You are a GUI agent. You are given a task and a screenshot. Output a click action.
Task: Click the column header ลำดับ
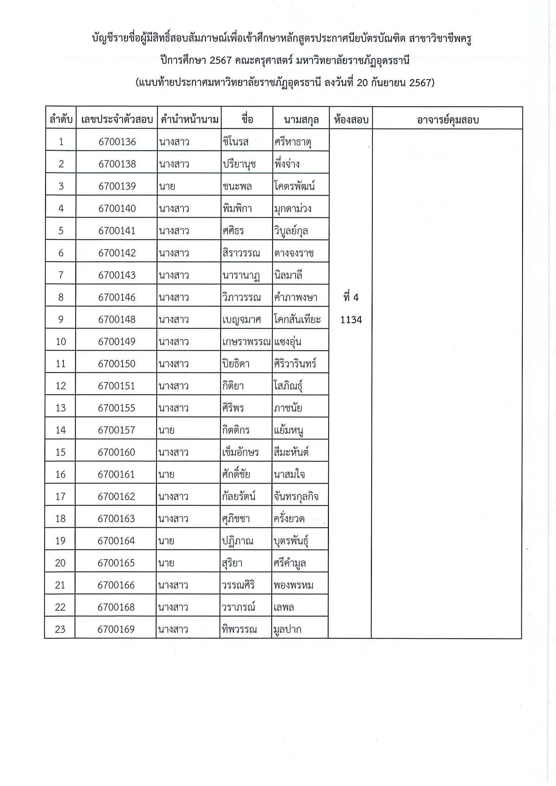(x=61, y=120)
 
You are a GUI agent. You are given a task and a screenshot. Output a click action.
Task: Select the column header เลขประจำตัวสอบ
(x=117, y=120)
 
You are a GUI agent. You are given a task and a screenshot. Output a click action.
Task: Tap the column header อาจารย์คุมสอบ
(x=447, y=120)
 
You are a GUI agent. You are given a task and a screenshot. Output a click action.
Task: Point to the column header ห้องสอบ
(x=351, y=120)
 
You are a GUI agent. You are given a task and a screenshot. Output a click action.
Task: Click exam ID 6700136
(x=117, y=142)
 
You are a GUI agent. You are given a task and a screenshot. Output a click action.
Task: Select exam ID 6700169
(x=116, y=629)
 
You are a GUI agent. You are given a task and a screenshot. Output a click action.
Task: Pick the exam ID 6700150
(x=117, y=363)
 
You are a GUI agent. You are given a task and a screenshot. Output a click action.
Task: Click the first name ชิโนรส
(x=236, y=142)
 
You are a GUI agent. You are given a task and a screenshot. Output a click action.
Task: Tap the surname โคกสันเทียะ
(x=297, y=320)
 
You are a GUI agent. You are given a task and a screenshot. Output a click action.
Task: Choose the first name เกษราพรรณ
(x=247, y=341)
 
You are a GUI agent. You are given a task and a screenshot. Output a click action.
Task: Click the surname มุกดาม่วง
(x=293, y=209)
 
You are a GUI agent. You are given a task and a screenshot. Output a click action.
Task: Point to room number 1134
(x=351, y=320)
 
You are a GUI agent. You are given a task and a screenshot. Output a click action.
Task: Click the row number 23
(x=60, y=629)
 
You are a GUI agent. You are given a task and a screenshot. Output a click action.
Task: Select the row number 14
(x=60, y=430)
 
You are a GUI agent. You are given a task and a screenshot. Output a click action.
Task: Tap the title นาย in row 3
(x=167, y=186)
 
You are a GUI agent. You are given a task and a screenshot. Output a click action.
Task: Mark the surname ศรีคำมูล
(x=289, y=563)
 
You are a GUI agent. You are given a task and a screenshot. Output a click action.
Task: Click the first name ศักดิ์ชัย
(x=236, y=474)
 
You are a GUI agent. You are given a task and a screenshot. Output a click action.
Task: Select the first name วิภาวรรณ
(x=241, y=297)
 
